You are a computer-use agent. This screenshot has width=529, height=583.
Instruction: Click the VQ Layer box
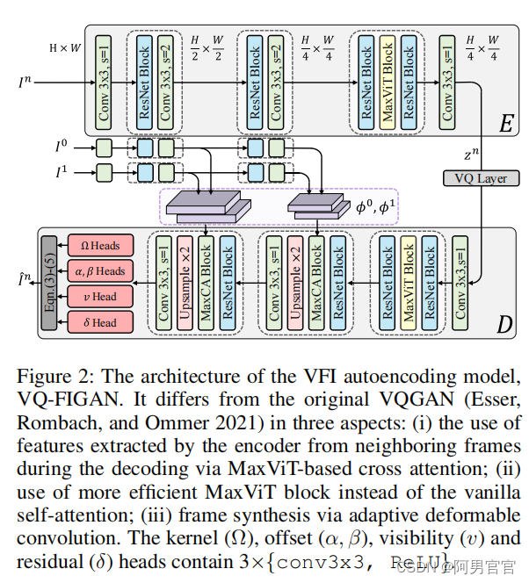481,178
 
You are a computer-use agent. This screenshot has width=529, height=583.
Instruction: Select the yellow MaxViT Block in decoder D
409,283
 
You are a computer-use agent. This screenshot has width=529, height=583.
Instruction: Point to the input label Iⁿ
29,84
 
